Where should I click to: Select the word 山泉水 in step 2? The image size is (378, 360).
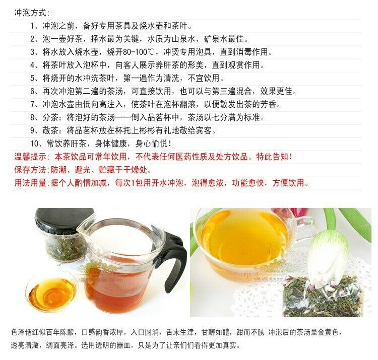click(183, 39)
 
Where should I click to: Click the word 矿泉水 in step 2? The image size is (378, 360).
click(216, 39)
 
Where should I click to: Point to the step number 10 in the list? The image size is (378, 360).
click(34, 144)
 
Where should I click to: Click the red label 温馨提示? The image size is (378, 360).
click(30, 157)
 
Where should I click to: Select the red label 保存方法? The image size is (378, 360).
click(30, 170)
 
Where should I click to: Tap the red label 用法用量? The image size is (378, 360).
click(30, 183)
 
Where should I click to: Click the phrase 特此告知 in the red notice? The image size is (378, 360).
click(272, 157)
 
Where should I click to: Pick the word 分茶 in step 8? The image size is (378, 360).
click(50, 117)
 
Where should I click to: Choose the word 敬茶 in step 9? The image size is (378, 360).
click(50, 130)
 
